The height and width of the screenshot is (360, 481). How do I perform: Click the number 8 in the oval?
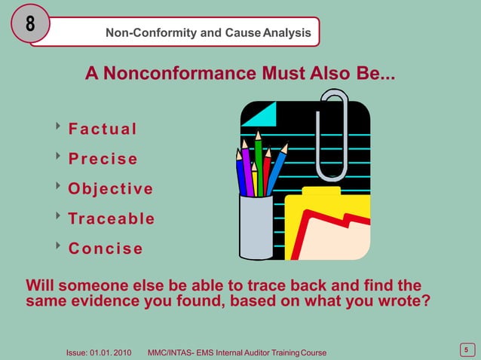(x=30, y=24)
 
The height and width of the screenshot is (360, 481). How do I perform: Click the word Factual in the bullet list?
(x=103, y=129)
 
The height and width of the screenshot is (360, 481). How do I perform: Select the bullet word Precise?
(x=103, y=159)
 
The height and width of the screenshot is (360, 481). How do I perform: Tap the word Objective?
(x=111, y=188)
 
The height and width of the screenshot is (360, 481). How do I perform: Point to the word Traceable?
(x=112, y=218)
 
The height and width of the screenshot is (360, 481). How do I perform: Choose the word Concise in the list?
(x=106, y=249)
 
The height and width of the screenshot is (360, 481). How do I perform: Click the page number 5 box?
(x=466, y=349)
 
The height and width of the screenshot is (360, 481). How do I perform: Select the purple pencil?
(x=247, y=169)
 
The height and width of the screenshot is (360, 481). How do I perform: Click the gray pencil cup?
(x=256, y=226)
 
